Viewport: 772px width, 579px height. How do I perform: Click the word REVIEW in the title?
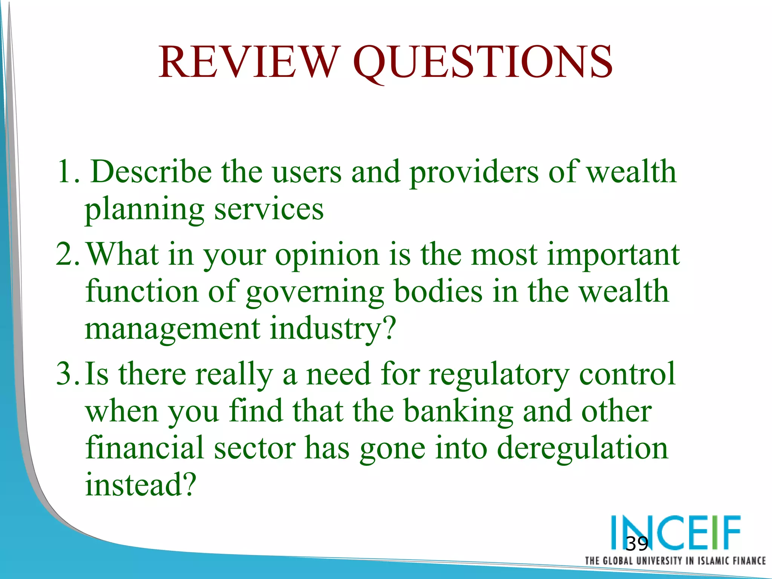(x=247, y=62)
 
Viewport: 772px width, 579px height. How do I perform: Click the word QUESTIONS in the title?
(x=483, y=62)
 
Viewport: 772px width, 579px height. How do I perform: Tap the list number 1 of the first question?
(x=64, y=172)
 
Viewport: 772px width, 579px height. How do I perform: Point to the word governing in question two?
(x=315, y=292)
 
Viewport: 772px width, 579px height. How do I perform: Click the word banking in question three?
(x=458, y=411)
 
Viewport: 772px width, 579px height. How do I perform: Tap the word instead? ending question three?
(x=141, y=484)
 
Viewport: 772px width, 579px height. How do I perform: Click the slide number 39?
(x=637, y=544)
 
